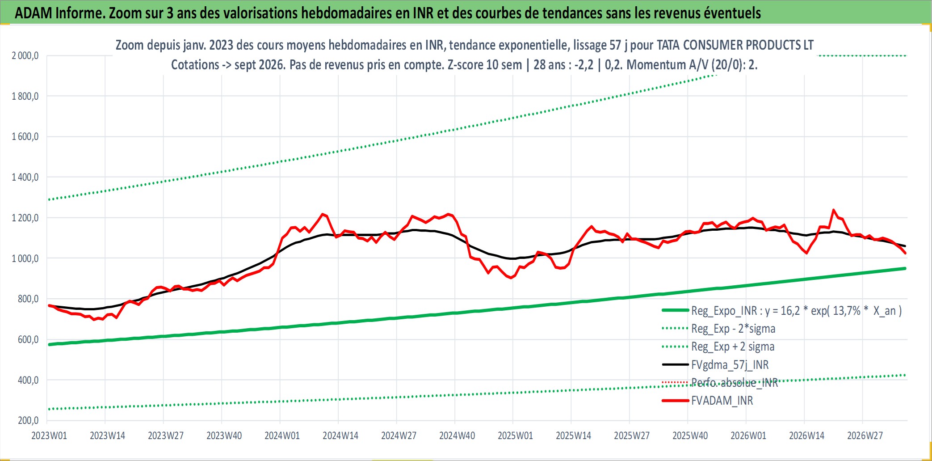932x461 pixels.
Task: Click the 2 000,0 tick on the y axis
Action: click(25, 55)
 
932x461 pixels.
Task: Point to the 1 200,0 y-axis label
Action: click(25, 218)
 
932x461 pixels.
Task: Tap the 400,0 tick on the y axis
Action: click(28, 380)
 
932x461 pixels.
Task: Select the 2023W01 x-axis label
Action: click(49, 436)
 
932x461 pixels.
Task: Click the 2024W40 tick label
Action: click(457, 436)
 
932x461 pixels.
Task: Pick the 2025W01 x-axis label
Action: click(515, 436)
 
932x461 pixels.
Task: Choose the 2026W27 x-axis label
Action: click(865, 436)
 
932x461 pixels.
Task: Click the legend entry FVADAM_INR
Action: click(722, 401)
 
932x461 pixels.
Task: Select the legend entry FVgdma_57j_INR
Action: click(730, 365)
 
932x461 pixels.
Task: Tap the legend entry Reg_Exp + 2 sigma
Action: click(733, 347)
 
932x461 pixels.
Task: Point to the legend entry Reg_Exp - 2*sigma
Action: click(733, 329)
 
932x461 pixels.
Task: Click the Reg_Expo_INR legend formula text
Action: click(797, 311)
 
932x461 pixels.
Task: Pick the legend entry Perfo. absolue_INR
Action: click(735, 383)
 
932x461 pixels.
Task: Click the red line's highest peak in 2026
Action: click(833, 209)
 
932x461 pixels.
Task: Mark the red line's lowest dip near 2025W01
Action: click(511, 278)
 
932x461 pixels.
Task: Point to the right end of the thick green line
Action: click(905, 268)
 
